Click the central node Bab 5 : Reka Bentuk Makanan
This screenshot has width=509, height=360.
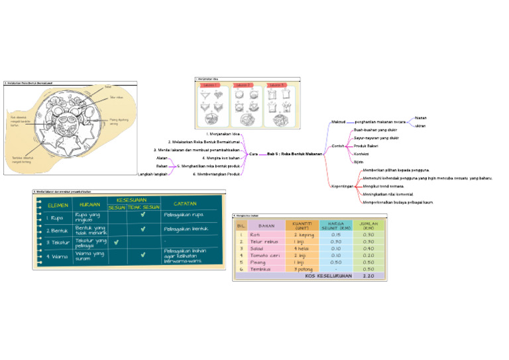click(294, 154)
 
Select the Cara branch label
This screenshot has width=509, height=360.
click(253, 154)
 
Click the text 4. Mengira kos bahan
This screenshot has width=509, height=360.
click(220, 158)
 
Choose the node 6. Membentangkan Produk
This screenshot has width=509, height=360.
click(216, 174)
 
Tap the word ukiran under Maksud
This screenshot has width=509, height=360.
click(420, 126)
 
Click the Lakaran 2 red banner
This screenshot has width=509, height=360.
click(243, 86)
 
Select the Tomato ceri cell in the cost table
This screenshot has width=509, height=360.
click(264, 255)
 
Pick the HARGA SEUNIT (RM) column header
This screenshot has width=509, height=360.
click(336, 225)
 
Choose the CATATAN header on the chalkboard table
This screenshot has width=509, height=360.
click(184, 203)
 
